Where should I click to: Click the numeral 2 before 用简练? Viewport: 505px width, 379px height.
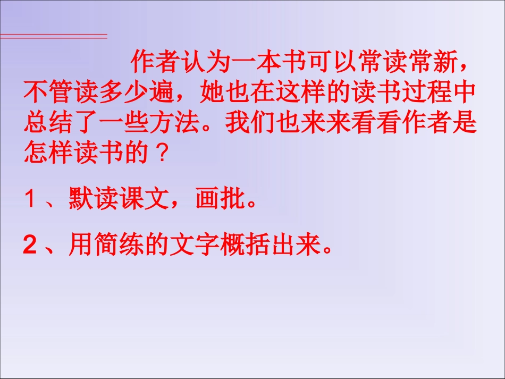point(30,246)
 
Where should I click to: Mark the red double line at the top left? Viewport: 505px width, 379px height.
point(53,36)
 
